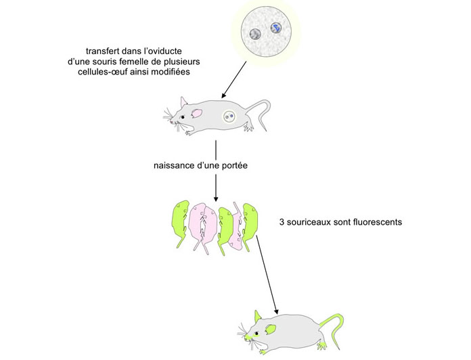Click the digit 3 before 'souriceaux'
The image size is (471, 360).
click(282, 221)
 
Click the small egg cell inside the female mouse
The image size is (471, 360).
click(230, 116)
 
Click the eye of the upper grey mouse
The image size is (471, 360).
click(181, 117)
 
